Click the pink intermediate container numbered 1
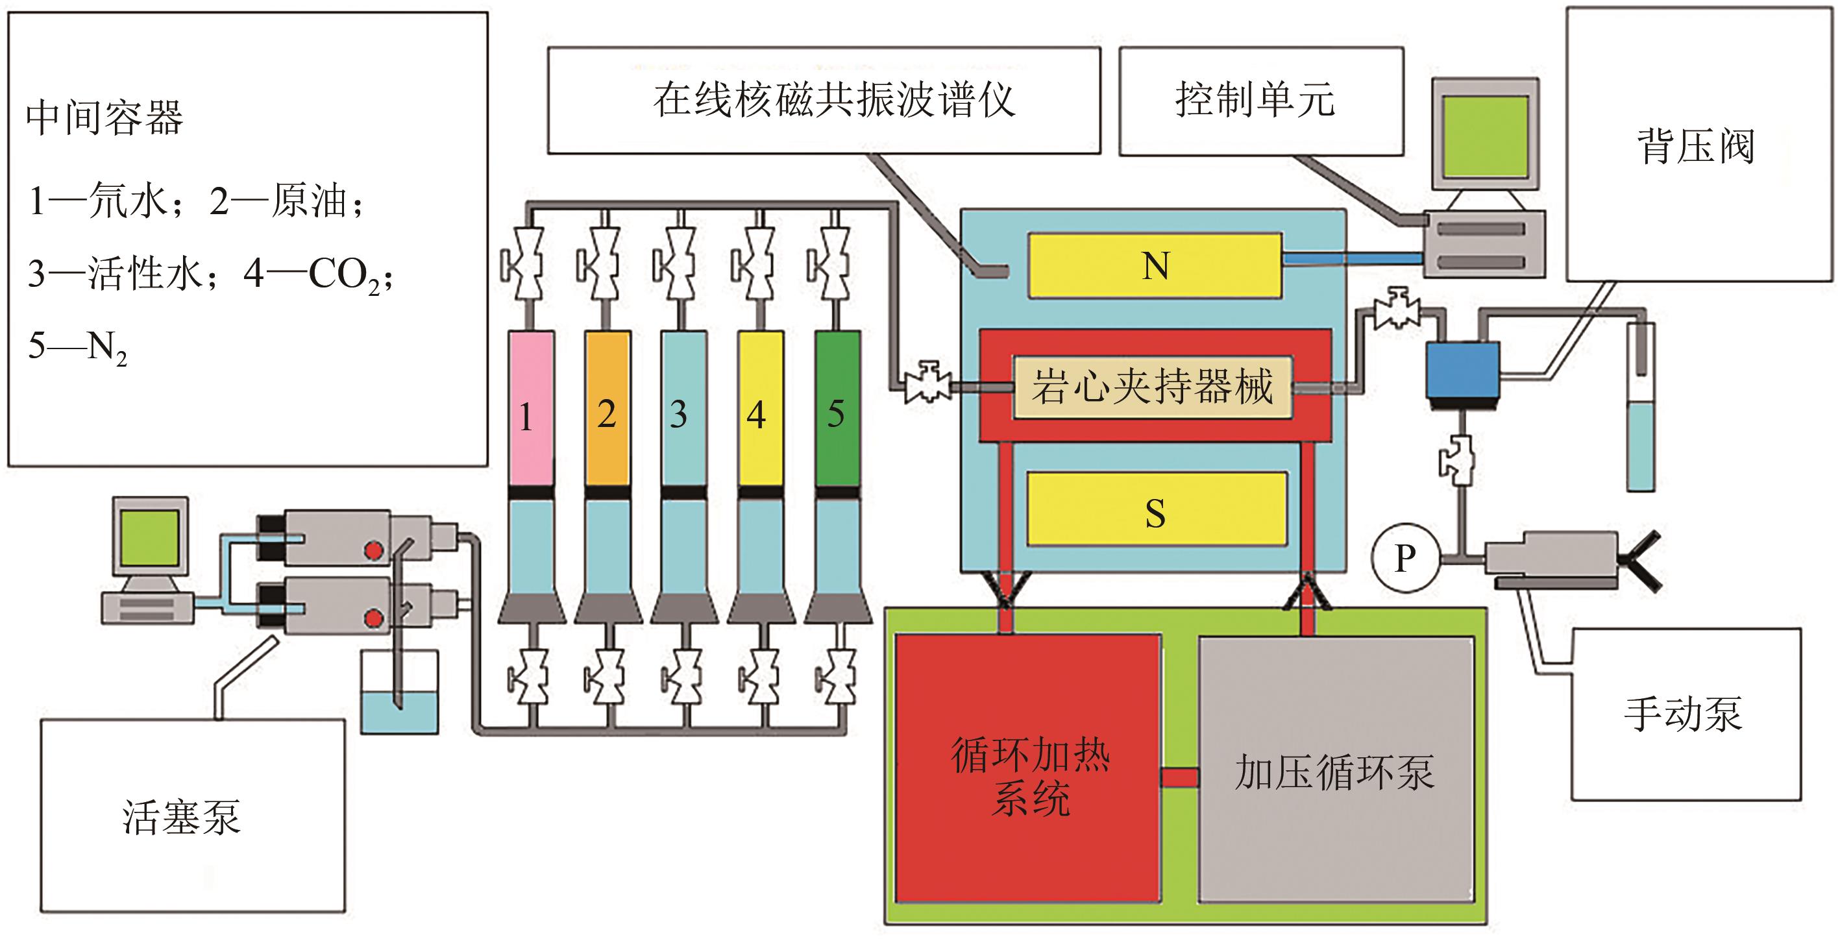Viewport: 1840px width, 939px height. coord(530,411)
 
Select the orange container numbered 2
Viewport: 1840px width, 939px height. coord(607,411)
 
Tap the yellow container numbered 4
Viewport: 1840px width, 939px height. coord(760,411)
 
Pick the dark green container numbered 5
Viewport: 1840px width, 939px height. coord(837,411)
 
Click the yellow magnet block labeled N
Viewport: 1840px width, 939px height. coord(1154,265)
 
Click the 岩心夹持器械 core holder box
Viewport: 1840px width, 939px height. coord(1152,387)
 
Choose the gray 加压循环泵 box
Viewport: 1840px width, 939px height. coord(1335,769)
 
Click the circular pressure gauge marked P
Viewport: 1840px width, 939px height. coord(1405,557)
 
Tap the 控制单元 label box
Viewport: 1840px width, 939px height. coord(1260,100)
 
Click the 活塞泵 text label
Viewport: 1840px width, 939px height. coord(182,816)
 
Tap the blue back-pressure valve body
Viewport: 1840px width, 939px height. coord(1462,370)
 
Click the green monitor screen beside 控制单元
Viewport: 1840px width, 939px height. coord(1484,137)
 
